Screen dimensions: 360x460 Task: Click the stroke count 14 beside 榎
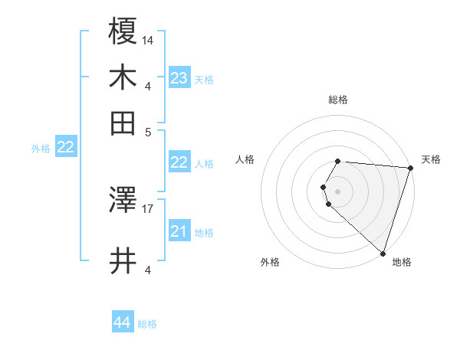[x=148, y=40]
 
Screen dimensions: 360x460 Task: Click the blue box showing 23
[x=179, y=78]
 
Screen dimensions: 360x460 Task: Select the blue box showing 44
[x=123, y=323]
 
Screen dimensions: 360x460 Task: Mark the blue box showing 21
[x=179, y=231]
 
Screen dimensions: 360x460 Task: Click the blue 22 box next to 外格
[x=65, y=148]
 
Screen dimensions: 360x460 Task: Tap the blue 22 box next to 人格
[x=179, y=162]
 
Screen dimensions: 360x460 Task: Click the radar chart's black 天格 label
[x=431, y=159]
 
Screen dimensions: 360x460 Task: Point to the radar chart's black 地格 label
[x=402, y=262]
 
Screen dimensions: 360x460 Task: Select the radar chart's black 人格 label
[x=245, y=159]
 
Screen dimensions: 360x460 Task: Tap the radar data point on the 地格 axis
[x=383, y=253]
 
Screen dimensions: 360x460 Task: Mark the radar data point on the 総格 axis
[x=337, y=162]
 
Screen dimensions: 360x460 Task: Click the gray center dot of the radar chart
[x=337, y=191]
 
